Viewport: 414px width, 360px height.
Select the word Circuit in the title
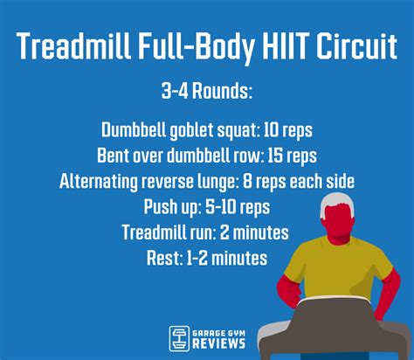coord(349,48)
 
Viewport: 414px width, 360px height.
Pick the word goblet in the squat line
coord(190,130)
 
